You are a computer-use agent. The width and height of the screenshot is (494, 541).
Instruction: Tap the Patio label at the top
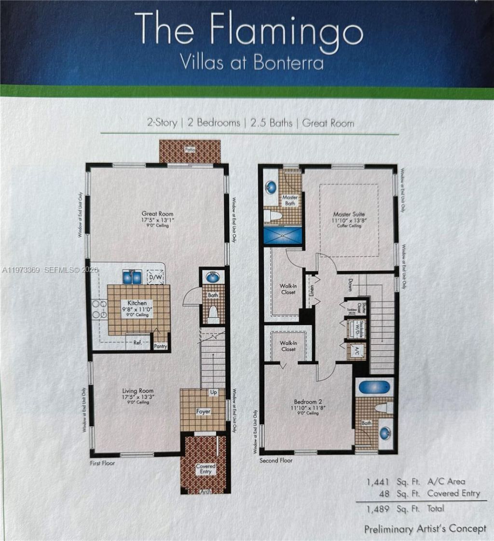point(190,150)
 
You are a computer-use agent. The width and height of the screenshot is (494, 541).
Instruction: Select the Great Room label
point(157,214)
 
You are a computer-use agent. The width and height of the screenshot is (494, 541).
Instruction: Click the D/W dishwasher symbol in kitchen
point(155,277)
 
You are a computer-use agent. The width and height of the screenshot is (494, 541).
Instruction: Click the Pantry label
point(160,346)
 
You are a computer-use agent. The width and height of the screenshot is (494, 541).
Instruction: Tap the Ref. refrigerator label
point(137,343)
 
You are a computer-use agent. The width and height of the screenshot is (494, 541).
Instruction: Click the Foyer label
point(203,412)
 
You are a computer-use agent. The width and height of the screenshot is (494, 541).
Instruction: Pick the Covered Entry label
point(206,469)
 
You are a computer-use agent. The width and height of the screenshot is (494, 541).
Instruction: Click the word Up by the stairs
point(213,393)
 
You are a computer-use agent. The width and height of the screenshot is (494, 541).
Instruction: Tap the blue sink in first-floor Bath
point(213,277)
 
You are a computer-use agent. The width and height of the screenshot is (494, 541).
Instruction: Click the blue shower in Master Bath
point(282,235)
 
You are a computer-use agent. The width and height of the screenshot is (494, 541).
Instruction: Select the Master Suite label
point(348,214)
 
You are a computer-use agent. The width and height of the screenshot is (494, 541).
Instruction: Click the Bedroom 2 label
point(309,401)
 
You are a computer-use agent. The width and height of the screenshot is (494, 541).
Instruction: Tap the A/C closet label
point(357,350)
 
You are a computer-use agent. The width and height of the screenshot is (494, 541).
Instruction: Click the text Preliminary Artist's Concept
point(425,529)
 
